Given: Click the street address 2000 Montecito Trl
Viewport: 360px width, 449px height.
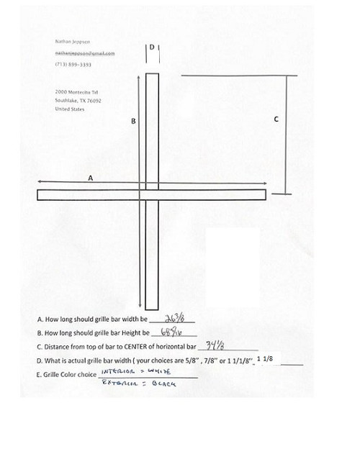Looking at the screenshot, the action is pyautogui.click(x=76, y=93).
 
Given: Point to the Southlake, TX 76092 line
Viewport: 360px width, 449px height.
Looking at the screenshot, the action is pyautogui.click(x=78, y=101).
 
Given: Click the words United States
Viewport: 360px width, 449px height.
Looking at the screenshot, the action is pyautogui.click(x=69, y=109).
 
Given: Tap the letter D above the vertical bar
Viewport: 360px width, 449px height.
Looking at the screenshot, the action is pyautogui.click(x=152, y=47).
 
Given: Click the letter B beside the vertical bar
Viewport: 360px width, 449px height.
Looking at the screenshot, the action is pyautogui.click(x=133, y=122).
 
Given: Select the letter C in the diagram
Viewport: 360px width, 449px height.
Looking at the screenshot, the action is pyautogui.click(x=277, y=119).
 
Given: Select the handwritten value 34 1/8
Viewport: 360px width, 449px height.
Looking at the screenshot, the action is pyautogui.click(x=218, y=345).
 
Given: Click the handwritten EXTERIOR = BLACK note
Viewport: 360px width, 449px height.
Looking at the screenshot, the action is pyautogui.click(x=140, y=384).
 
